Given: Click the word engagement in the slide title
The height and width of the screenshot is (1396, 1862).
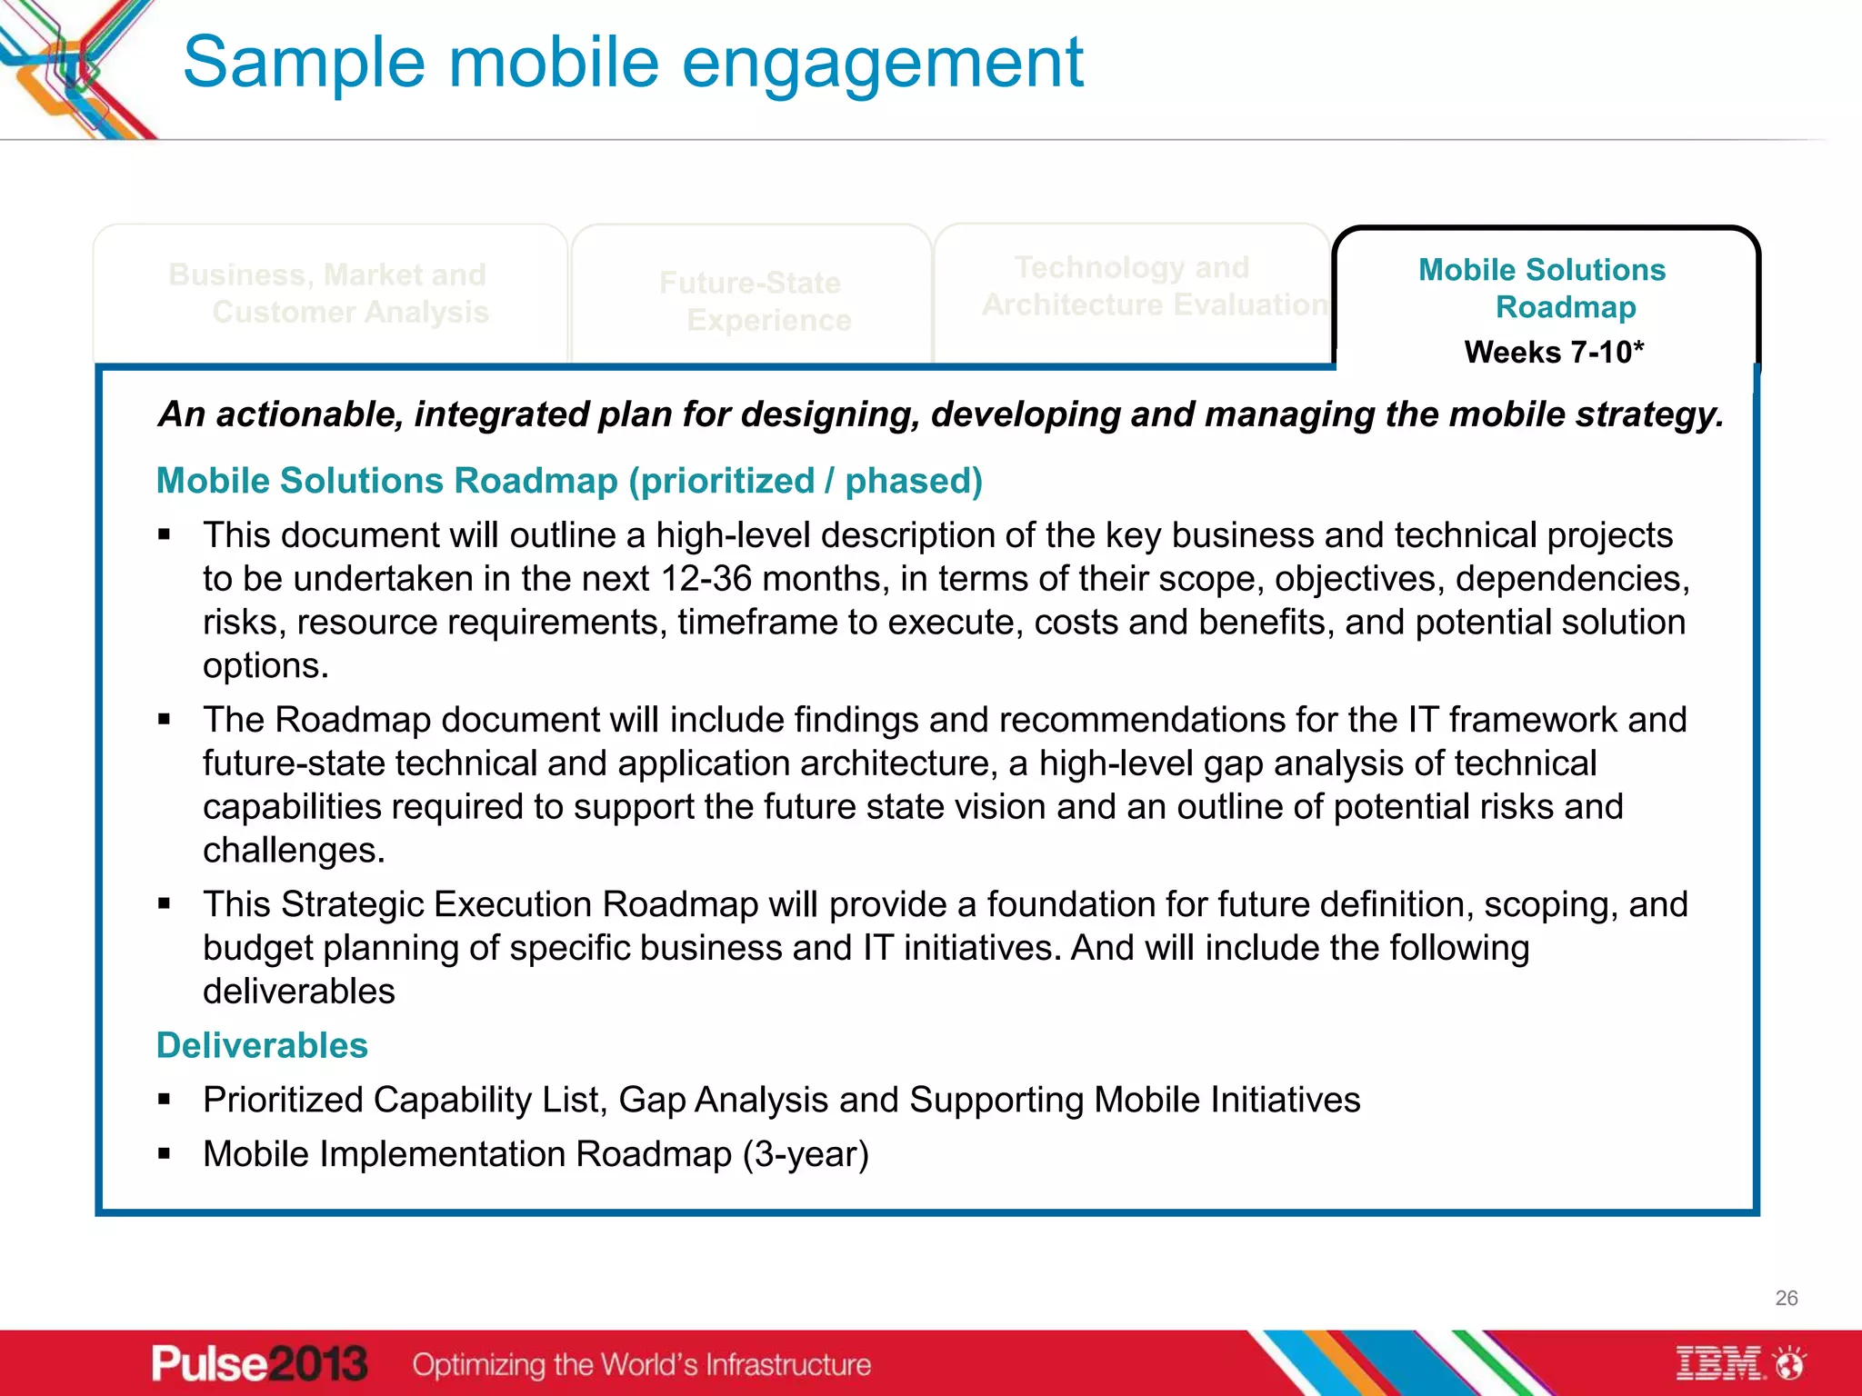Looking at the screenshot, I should (882, 64).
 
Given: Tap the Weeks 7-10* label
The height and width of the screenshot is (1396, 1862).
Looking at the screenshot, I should (1554, 352).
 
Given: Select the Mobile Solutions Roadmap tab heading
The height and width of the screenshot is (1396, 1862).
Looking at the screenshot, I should (1543, 288).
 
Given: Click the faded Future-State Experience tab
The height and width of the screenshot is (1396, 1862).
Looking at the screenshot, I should (753, 301).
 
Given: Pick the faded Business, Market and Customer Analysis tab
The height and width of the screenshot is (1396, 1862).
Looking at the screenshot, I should (329, 293).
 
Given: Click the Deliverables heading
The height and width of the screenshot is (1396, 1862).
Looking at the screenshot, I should (262, 1045).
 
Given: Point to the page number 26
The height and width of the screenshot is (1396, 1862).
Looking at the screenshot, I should (1786, 1298).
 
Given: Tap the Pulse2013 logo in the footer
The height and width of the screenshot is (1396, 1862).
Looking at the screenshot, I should (259, 1364).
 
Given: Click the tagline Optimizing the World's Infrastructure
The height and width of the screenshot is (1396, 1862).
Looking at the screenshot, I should (641, 1364).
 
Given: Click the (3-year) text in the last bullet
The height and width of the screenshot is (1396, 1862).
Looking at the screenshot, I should (806, 1154).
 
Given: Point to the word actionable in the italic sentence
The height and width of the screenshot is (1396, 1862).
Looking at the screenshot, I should (309, 414).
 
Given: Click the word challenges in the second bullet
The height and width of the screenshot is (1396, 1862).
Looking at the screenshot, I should (293, 851).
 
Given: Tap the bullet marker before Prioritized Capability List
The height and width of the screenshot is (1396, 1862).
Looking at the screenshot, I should (165, 1100).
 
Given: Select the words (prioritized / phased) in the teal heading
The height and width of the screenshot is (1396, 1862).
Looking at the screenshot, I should (806, 481).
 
